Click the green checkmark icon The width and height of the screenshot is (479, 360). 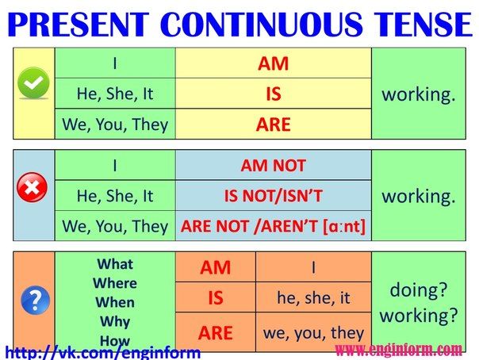[33, 83]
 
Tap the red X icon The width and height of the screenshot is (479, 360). [32, 187]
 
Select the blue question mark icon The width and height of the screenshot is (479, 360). [36, 301]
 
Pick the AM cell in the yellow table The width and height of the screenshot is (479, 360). [273, 63]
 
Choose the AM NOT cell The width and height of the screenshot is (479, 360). [273, 166]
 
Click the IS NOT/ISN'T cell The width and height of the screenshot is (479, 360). [273, 196]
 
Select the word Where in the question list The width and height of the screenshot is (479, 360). [115, 283]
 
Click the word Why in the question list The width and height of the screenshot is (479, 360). [115, 322]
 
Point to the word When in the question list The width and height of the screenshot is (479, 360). [115, 302]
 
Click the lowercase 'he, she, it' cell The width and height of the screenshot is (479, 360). [313, 297]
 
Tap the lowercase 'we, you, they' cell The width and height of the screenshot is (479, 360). [313, 333]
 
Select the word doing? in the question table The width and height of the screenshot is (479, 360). [419, 289]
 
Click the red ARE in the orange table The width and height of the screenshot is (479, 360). [216, 333]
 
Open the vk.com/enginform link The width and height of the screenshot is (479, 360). [103, 353]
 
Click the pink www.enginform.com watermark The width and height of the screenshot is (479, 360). [399, 350]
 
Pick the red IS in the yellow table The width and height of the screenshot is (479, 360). [274, 94]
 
